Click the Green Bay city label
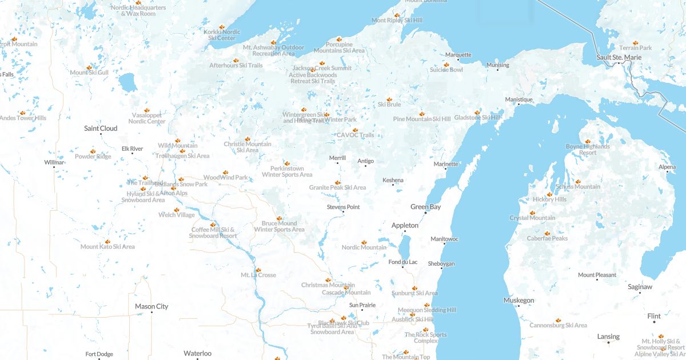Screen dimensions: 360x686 425,207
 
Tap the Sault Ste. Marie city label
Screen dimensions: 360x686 619,57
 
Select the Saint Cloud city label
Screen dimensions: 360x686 101,129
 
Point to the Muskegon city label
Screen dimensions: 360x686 519,301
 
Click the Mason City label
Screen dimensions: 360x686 151,306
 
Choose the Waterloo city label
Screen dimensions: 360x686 197,353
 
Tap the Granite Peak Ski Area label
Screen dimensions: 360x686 337,187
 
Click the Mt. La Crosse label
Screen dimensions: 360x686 258,275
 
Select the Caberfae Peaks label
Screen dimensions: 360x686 547,238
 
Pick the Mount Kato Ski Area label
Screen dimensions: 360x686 107,247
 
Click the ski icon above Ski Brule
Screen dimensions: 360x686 389,99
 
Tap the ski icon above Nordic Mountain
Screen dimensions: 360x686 364,242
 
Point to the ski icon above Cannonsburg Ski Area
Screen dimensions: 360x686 558,320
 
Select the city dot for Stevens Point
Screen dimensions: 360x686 343,213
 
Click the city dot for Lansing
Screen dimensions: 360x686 608,342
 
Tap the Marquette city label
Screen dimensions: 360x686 458,55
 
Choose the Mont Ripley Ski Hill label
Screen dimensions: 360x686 397,21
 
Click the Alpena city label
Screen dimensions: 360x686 667,167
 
